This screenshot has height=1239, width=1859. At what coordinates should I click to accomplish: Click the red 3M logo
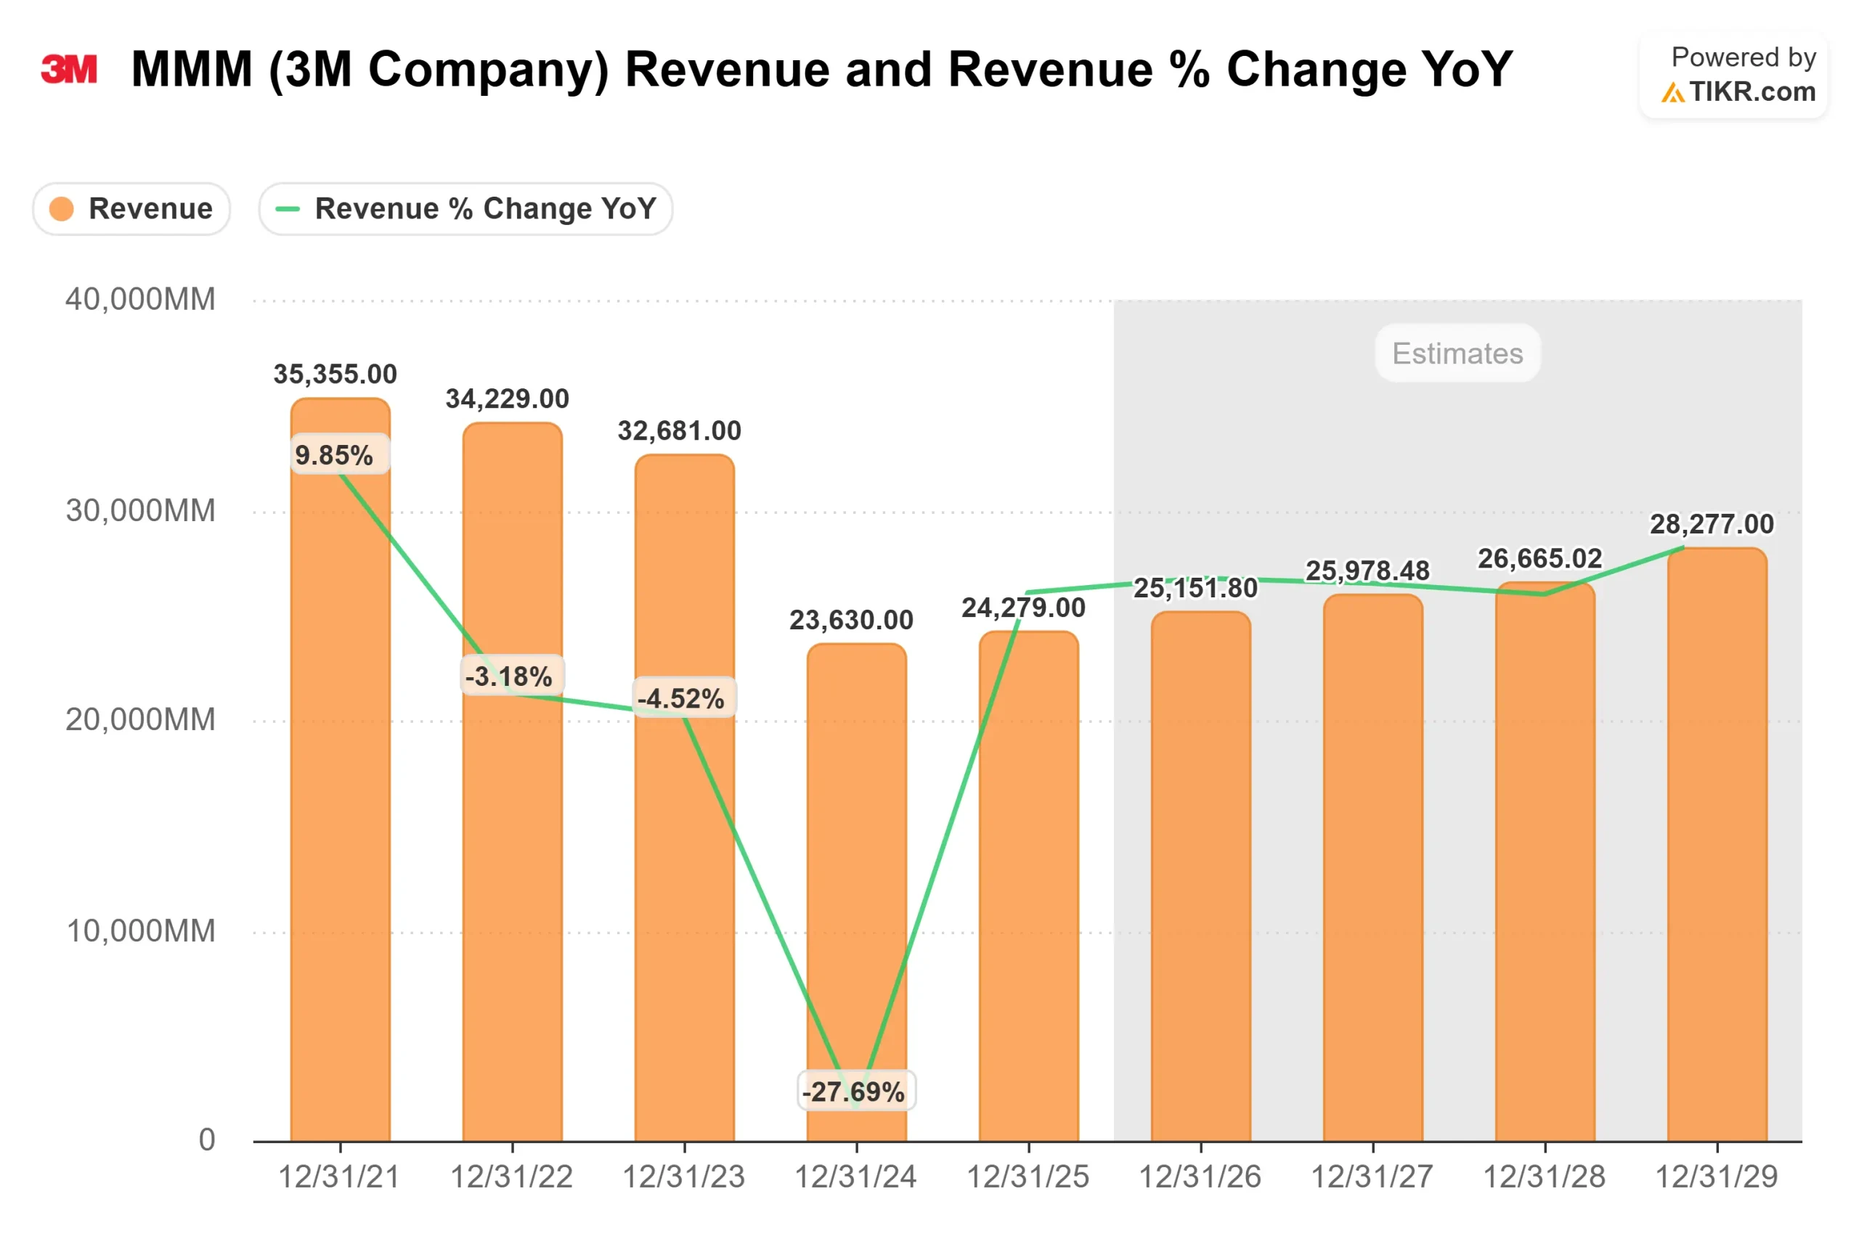coord(69,70)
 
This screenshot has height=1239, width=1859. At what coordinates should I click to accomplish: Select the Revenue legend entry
coord(132,209)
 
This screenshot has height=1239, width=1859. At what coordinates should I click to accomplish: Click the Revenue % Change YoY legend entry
coord(465,209)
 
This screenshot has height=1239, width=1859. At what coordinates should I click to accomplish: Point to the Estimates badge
coord(1457,353)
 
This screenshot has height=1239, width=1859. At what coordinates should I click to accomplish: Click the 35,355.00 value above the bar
coord(335,374)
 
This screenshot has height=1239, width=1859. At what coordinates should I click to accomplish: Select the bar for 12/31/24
coord(857,870)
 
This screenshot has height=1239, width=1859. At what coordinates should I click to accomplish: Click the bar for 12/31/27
coord(1373,870)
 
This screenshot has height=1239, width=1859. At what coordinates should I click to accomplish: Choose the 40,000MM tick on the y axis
coord(140,300)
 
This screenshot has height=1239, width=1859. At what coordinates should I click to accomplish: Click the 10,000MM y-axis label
coord(140,931)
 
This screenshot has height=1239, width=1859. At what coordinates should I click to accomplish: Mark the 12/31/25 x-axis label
coord(1028,1177)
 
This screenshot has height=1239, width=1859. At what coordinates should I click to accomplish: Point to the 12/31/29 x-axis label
coord(1716,1177)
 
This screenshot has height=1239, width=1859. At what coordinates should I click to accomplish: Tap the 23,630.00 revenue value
coord(851,621)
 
